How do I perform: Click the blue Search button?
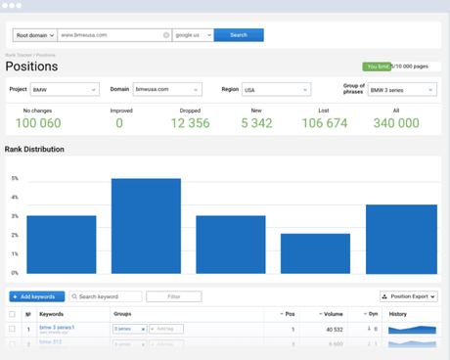[239, 35]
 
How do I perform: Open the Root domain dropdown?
[32, 35]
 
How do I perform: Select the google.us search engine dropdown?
[192, 35]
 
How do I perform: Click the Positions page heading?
[31, 67]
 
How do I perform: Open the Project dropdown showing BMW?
[65, 90]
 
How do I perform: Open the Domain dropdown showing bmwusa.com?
[167, 90]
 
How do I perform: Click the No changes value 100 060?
[38, 123]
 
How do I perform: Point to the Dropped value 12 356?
[190, 123]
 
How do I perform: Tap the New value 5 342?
[255, 123]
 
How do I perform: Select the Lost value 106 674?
[324, 123]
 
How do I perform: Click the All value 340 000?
[396, 123]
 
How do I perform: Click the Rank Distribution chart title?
[35, 150]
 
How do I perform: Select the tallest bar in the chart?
[146, 226]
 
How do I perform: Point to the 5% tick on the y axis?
[14, 179]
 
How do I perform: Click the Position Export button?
[408, 296]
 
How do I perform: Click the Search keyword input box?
[106, 296]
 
